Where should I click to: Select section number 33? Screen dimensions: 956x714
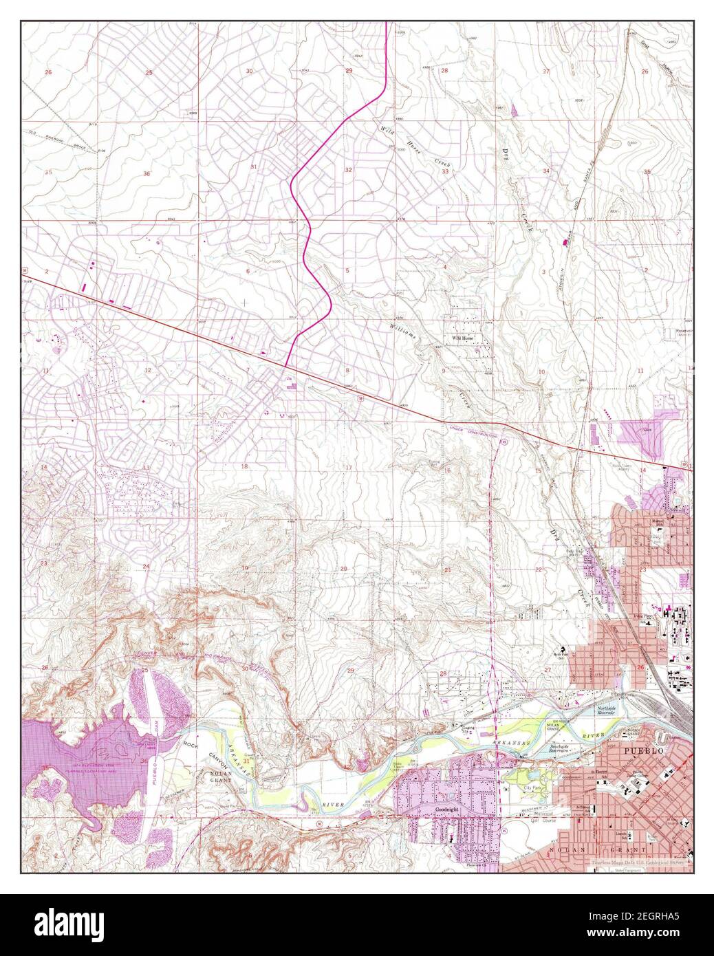[x=445, y=171]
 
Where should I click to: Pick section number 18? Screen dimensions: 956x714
[x=244, y=466]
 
